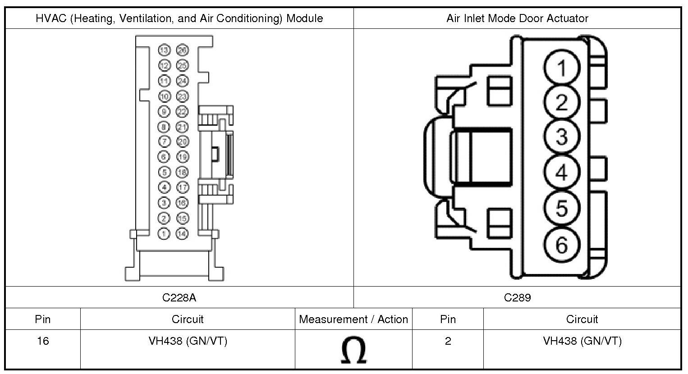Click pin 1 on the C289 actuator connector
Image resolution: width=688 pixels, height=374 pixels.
(562, 68)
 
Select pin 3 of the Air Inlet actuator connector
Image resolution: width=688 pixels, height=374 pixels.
(562, 137)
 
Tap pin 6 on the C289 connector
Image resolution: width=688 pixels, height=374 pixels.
(562, 245)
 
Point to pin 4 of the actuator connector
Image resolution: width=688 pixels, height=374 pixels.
(562, 172)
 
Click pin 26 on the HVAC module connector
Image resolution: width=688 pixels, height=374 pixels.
(182, 50)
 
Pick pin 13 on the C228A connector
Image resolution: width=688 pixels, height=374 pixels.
(164, 50)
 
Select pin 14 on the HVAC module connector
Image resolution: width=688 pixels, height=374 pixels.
(182, 233)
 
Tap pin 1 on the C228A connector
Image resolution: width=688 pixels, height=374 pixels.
(164, 233)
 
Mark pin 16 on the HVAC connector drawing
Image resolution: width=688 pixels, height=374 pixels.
(182, 203)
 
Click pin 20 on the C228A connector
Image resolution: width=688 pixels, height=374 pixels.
(182, 141)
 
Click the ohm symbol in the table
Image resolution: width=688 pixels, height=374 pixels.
(353, 351)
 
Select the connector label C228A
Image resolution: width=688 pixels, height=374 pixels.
(179, 297)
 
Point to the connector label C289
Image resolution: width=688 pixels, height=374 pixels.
(517, 297)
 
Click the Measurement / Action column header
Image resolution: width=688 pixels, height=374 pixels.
(353, 319)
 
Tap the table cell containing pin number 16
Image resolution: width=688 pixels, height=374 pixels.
(43, 341)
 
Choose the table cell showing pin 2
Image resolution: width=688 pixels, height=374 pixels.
(448, 341)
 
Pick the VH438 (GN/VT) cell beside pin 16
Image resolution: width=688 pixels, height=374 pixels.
(188, 341)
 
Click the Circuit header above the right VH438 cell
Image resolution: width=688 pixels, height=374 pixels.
(582, 319)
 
